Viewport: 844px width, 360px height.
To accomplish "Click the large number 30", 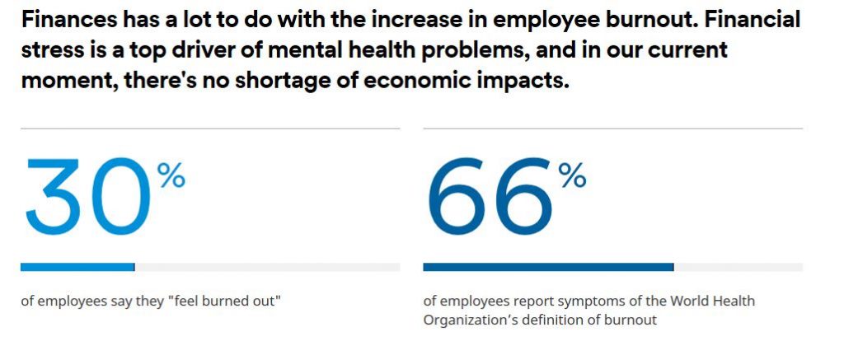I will (x=87, y=195).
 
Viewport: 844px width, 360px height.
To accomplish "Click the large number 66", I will (x=489, y=195).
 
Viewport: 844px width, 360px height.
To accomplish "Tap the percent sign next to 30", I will (x=172, y=175).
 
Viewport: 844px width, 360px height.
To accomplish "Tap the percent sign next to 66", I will (x=572, y=175).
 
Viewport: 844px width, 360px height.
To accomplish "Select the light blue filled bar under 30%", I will (x=77, y=267).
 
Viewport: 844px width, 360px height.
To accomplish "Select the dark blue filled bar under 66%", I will (x=548, y=267).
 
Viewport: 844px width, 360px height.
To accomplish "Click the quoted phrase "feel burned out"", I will (x=224, y=302).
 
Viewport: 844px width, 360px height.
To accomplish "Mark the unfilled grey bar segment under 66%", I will (x=738, y=267).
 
